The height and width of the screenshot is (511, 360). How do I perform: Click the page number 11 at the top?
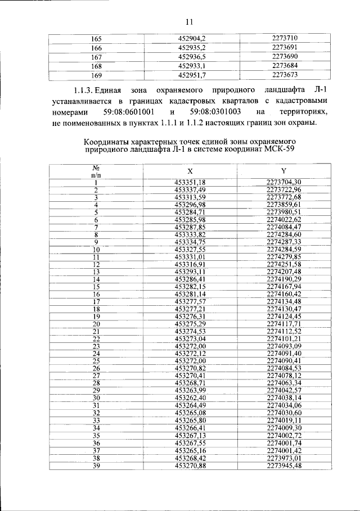tap(188, 22)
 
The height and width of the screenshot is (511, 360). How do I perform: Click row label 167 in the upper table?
tap(96, 56)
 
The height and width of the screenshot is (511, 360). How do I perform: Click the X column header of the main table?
tap(190, 170)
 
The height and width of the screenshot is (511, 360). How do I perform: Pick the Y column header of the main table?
tap(283, 170)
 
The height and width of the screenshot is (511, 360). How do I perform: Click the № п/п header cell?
tap(96, 171)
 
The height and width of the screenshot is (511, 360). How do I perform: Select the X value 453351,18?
tap(190, 182)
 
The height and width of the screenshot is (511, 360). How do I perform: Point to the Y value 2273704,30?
tap(284, 182)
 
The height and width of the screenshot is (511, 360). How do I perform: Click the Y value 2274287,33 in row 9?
tap(284, 241)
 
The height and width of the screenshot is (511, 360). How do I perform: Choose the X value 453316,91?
tap(190, 264)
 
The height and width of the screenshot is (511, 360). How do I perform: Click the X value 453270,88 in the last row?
tap(190, 465)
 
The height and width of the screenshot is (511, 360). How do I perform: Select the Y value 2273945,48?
tap(284, 465)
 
